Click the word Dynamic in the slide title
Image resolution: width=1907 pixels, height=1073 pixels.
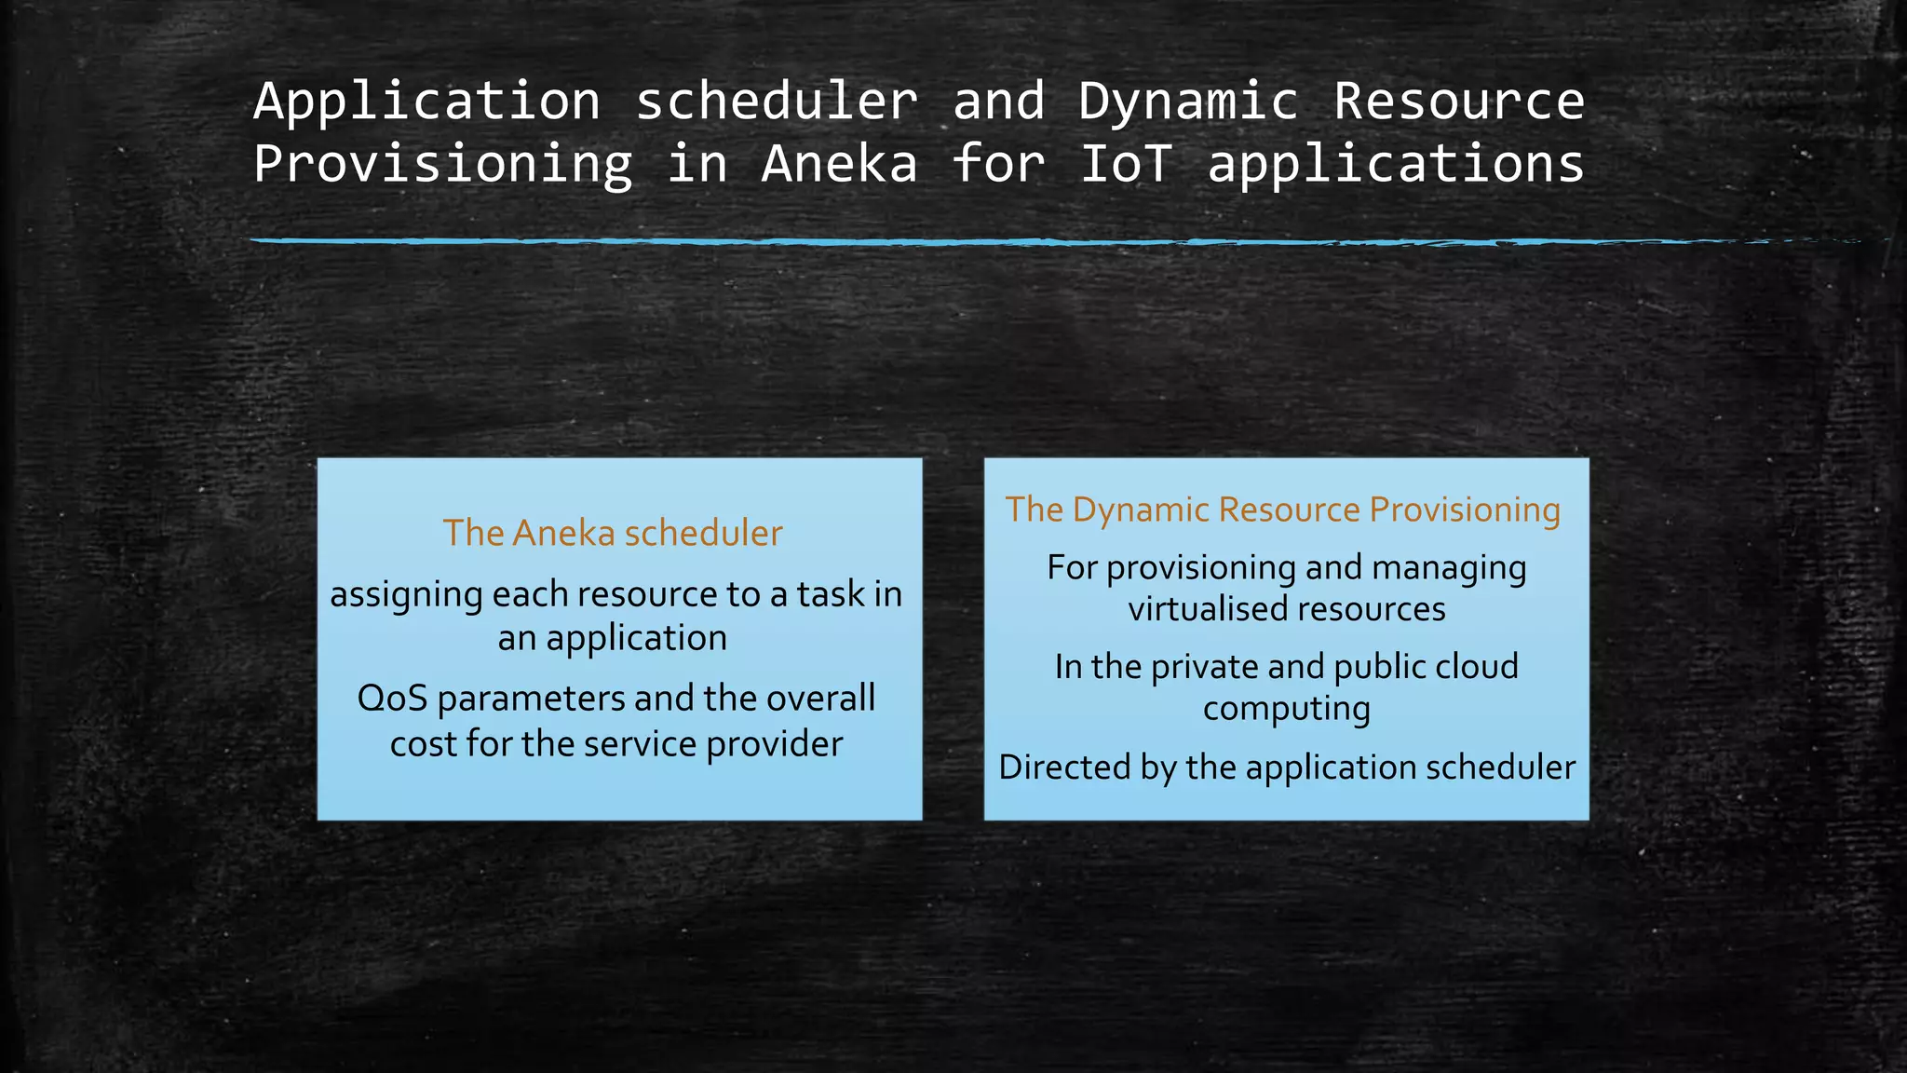coord(1188,102)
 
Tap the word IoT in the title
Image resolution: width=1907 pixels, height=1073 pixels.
coord(1125,164)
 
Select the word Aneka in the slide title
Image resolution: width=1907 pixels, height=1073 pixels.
coord(839,164)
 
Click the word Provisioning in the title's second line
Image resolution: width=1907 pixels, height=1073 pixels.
coord(442,164)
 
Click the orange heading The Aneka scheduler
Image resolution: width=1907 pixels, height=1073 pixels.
coord(613,533)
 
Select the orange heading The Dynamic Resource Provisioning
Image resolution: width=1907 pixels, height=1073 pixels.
coord(1283,509)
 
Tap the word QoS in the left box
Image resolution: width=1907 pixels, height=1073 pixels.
coord(392,698)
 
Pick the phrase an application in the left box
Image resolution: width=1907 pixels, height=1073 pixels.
coord(613,638)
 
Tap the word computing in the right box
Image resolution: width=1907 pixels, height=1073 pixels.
coord(1286,709)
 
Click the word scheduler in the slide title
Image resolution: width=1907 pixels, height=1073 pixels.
coord(777,102)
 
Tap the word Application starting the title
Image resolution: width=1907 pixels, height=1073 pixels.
coord(427,102)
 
